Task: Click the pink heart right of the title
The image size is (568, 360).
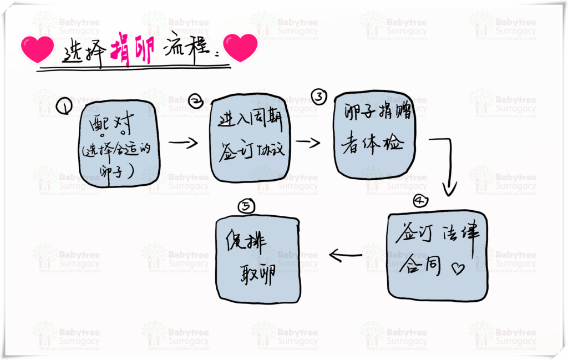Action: (240, 48)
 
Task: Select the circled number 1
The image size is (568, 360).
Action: (65, 106)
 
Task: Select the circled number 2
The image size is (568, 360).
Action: (196, 100)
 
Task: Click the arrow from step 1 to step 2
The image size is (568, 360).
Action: (183, 143)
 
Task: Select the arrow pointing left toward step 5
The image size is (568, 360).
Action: (345, 255)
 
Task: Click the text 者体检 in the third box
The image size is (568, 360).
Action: (374, 144)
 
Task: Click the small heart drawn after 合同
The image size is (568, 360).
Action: (458, 269)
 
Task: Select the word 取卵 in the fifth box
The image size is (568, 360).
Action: (256, 275)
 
